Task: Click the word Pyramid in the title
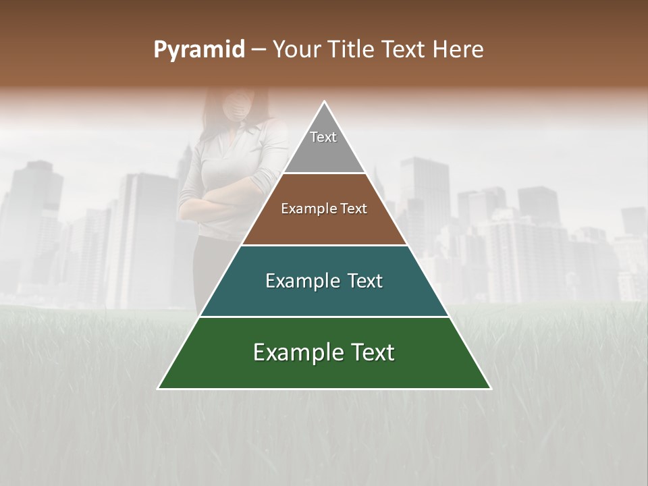[x=198, y=50]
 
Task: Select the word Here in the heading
[x=458, y=50]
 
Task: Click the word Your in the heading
[x=298, y=50]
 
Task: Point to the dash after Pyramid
[x=258, y=50]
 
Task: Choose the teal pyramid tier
[x=324, y=297]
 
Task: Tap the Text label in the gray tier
[x=323, y=137]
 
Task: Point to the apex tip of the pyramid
[x=325, y=103]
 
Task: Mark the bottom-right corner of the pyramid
[x=490, y=388]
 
